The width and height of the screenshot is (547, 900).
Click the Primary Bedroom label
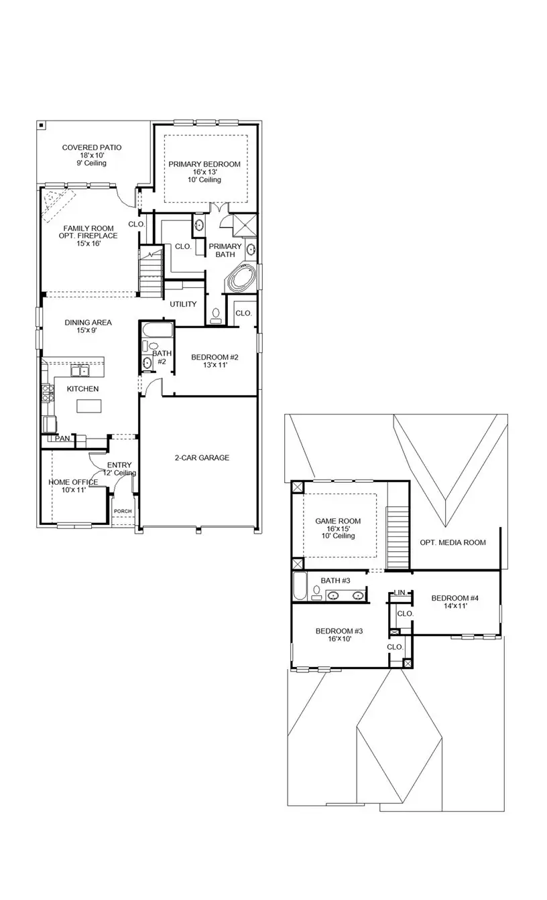click(x=204, y=164)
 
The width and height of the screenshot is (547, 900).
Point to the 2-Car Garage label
click(x=198, y=458)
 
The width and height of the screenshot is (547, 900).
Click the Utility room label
click(x=183, y=304)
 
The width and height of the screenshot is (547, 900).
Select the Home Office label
click(x=73, y=482)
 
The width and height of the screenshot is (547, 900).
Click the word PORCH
click(x=123, y=512)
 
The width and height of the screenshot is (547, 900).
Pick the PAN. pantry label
click(x=63, y=439)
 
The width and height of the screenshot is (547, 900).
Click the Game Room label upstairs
click(x=338, y=521)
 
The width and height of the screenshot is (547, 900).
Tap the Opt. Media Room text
click(x=452, y=542)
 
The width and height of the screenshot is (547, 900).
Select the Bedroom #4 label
click(x=455, y=598)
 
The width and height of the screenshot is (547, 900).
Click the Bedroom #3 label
click(x=339, y=631)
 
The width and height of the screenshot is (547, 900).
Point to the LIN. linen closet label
click(x=400, y=593)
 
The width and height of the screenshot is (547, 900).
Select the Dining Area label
click(x=88, y=322)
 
